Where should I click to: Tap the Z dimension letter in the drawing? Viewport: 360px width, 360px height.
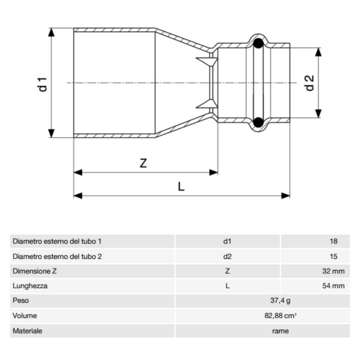click(x=143, y=163)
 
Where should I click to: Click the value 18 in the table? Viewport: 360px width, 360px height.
click(x=333, y=241)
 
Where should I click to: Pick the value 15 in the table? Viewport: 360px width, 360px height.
click(x=333, y=256)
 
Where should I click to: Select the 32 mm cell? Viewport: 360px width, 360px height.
click(x=333, y=271)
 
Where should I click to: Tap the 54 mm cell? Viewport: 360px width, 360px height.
click(x=333, y=286)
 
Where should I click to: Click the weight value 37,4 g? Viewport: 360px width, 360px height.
click(x=281, y=301)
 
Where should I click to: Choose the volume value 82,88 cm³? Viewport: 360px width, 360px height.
click(x=281, y=316)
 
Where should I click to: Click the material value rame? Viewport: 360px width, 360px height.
click(x=281, y=331)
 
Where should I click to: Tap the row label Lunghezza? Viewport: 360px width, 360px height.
click(x=30, y=286)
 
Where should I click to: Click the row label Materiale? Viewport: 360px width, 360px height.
click(x=28, y=331)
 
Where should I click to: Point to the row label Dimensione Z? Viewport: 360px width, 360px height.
click(x=35, y=271)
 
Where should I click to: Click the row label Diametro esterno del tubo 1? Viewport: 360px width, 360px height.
click(x=57, y=241)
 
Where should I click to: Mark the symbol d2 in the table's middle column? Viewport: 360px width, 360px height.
click(x=227, y=256)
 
